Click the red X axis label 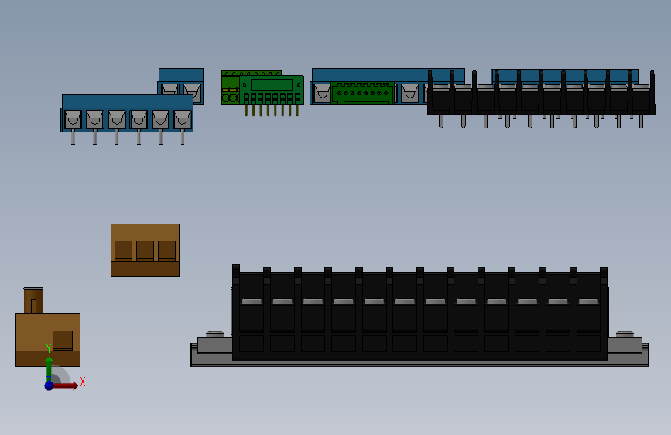(83, 382)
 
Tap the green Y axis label (49, 348)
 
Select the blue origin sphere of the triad (50, 385)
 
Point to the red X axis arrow (65, 385)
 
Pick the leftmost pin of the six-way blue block (74, 137)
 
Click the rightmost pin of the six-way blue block (183, 137)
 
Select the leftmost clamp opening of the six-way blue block (74, 119)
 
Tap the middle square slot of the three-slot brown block (145, 251)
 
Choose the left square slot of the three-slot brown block (123, 251)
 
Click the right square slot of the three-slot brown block (167, 251)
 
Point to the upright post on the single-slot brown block (33, 300)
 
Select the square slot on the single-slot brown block (63, 341)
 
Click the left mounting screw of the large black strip (215, 334)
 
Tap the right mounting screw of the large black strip (625, 334)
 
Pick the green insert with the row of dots (362, 93)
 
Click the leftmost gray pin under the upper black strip (441, 122)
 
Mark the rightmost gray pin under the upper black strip (641, 122)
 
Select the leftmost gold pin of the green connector (246, 110)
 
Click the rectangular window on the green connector (272, 85)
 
